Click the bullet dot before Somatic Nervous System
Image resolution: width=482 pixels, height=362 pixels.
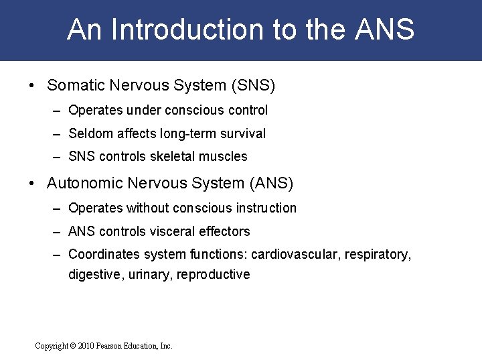coord(31,86)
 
